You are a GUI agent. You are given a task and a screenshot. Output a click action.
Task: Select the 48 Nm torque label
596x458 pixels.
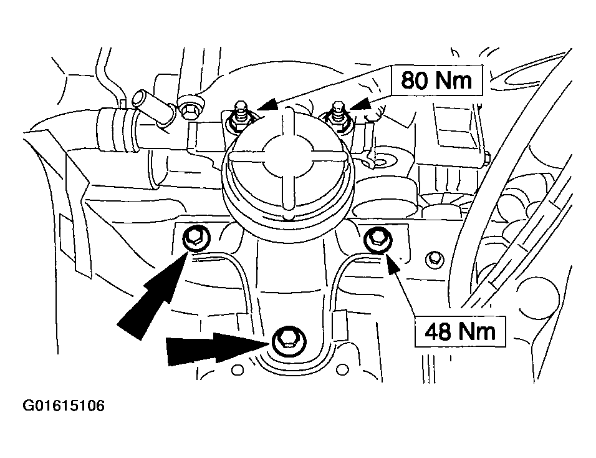[x=460, y=330]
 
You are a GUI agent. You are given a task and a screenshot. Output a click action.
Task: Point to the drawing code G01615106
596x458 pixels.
[x=64, y=406]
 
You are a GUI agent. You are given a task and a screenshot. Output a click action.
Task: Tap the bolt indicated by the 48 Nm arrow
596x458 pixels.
[x=377, y=238]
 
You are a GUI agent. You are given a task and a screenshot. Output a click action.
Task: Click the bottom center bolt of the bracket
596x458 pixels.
[x=287, y=339]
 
